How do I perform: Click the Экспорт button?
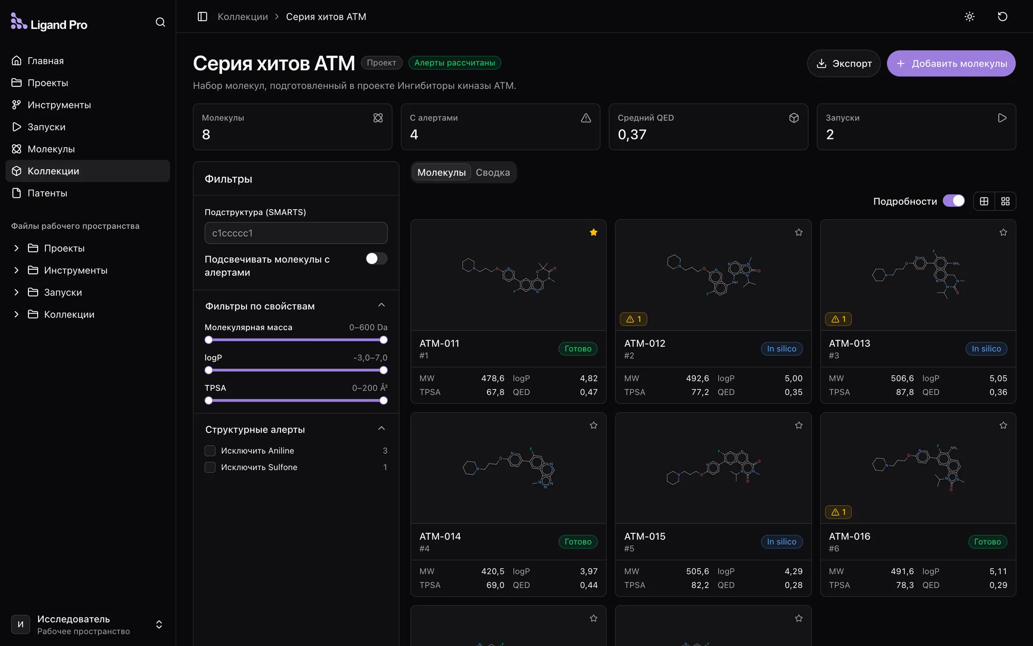(843, 64)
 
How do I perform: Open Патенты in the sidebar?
(47, 193)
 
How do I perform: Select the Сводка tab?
(493, 173)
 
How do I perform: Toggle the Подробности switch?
(953, 201)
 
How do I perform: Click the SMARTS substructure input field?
(296, 233)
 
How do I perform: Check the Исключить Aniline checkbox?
(210, 451)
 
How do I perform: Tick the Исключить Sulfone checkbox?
(210, 468)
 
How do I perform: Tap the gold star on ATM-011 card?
(593, 233)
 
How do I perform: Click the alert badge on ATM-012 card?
(633, 319)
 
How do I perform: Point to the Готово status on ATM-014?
(578, 542)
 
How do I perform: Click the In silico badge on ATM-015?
(781, 542)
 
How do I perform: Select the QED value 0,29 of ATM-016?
(998, 585)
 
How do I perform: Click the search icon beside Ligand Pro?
(160, 22)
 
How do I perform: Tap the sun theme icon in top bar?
(969, 17)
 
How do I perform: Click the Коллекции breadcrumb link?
(243, 17)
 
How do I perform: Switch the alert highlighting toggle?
(377, 259)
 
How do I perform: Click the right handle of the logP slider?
(383, 370)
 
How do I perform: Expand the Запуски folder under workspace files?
(17, 293)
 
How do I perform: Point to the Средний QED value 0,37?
(632, 135)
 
